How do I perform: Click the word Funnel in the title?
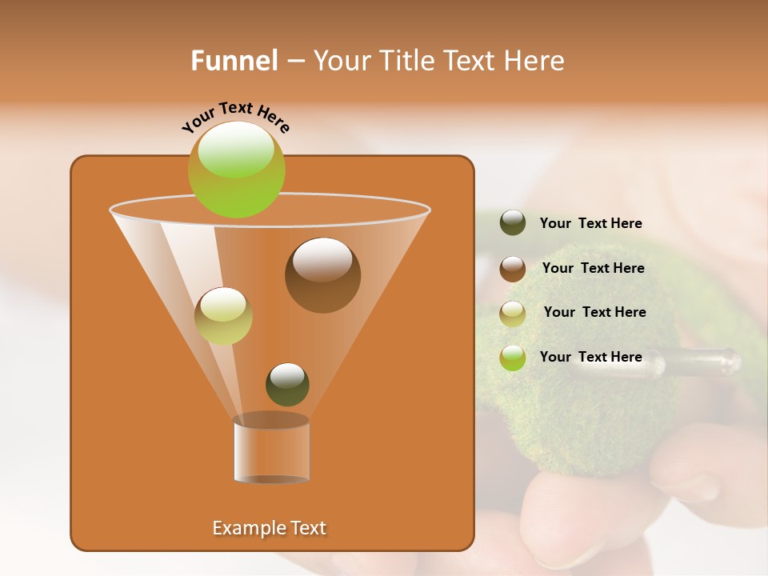(x=234, y=61)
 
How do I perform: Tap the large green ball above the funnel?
(x=236, y=170)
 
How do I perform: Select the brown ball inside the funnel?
(x=322, y=275)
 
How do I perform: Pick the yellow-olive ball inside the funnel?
(x=223, y=316)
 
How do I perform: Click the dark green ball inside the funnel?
(x=287, y=384)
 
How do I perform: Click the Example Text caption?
(x=270, y=528)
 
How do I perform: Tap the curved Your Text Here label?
(x=235, y=117)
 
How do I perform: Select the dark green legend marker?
(x=513, y=223)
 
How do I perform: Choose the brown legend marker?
(x=513, y=268)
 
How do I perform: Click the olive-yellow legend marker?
(x=513, y=313)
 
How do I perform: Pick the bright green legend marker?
(x=513, y=358)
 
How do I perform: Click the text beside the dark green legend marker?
(x=590, y=224)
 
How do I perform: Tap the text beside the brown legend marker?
(x=593, y=269)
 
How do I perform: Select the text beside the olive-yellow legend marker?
(x=594, y=312)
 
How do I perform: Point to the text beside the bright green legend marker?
(x=590, y=357)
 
